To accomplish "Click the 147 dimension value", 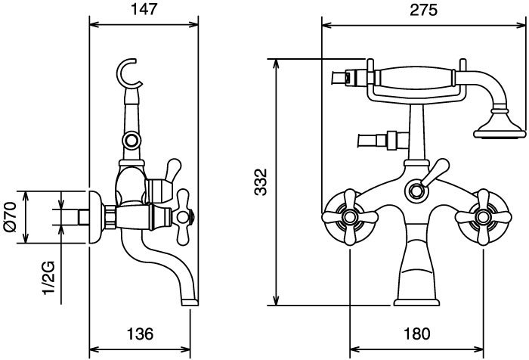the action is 144,9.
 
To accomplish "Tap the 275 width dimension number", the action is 423,10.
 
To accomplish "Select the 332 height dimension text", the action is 261,182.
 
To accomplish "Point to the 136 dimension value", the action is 140,334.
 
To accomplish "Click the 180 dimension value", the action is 416,334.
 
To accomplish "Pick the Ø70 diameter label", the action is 10,216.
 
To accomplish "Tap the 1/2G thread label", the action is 48,278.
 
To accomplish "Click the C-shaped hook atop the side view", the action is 128,73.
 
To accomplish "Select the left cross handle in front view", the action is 350,217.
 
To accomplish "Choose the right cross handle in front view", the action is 483,217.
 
